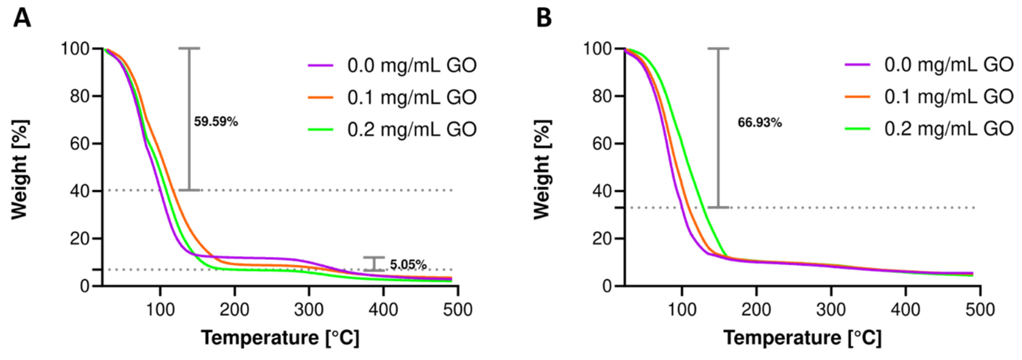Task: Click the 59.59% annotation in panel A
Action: tap(216, 122)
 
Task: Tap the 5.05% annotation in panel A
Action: tap(408, 264)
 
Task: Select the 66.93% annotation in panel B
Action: tap(759, 123)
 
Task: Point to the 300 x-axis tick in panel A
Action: tap(309, 309)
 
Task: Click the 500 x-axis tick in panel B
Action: tap(980, 309)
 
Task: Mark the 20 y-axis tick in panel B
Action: tap(602, 239)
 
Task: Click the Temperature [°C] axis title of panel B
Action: tap(802, 338)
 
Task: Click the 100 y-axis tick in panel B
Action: tap(597, 49)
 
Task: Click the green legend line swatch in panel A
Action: tap(321, 129)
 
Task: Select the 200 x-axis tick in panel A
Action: tap(234, 309)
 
